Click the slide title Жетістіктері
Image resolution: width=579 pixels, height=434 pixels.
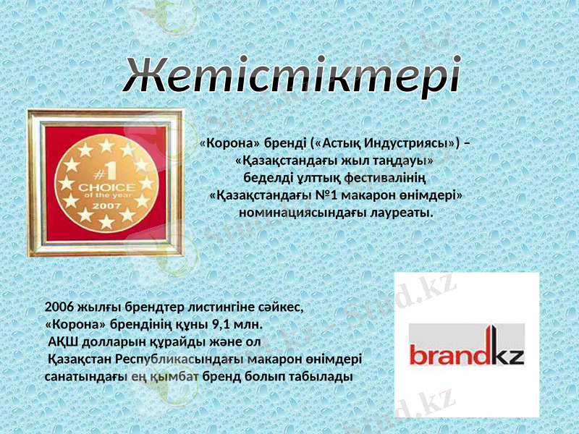click(x=292, y=75)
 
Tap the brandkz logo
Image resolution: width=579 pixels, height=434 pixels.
click(x=467, y=346)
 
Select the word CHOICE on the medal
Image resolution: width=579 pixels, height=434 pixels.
click(x=106, y=186)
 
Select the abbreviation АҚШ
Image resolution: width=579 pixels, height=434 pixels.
click(x=63, y=341)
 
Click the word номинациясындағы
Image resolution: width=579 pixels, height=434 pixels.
click(x=299, y=213)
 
